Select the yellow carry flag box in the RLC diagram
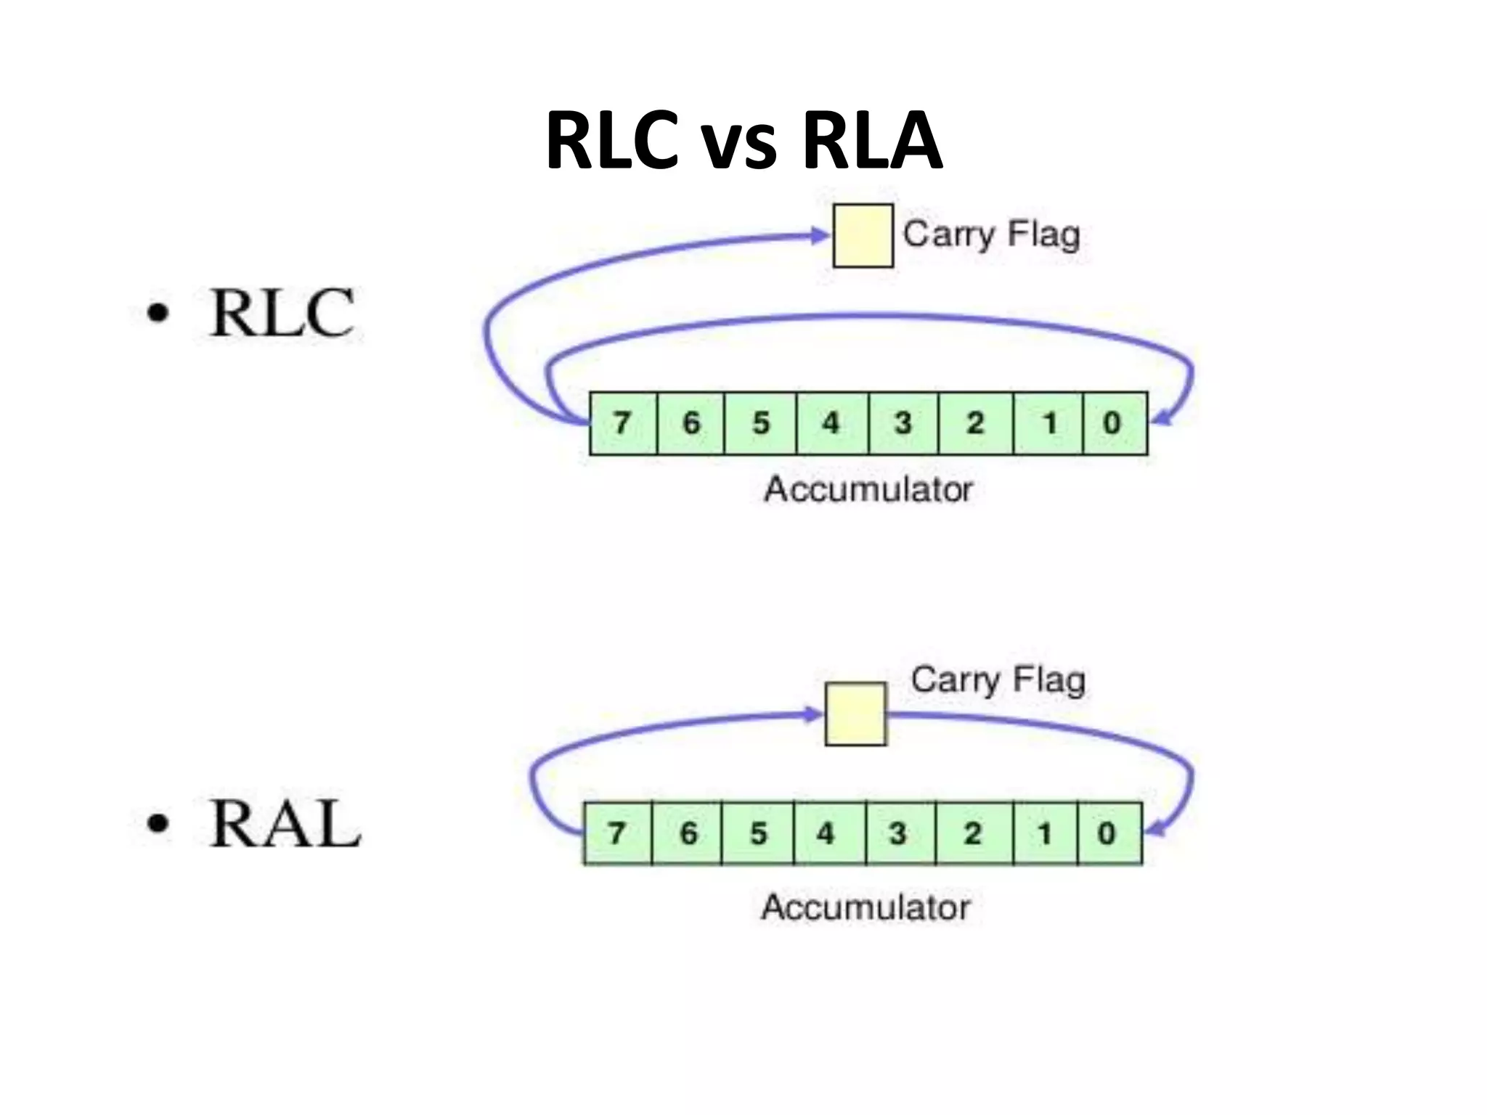coord(863,236)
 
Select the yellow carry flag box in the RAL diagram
coord(855,714)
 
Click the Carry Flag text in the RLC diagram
coord(991,234)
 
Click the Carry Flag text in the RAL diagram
coord(998,680)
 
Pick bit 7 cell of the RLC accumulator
coord(622,423)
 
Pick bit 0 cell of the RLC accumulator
coord(1114,423)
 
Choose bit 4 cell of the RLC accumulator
coord(831,423)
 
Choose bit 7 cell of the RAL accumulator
coord(617,833)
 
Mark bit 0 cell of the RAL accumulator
coord(1109,833)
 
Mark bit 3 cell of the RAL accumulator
coord(900,833)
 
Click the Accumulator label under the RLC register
coord(868,490)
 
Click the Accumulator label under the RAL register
coord(865,907)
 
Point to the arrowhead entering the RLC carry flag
coord(821,234)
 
